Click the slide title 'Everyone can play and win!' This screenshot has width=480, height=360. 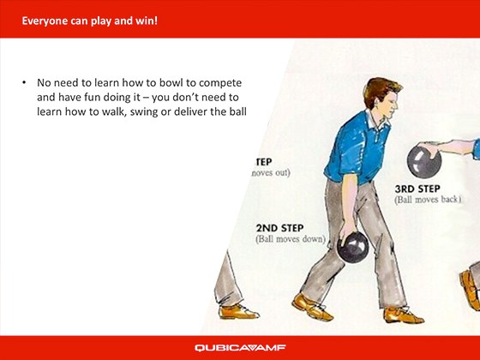[x=89, y=19]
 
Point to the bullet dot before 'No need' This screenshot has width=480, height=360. [x=23, y=84]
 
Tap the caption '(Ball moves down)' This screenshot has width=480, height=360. [x=291, y=239]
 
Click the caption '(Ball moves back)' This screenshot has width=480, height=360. [x=429, y=200]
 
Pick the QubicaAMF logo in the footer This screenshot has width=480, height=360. [x=239, y=347]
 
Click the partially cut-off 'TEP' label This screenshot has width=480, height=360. [x=263, y=160]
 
